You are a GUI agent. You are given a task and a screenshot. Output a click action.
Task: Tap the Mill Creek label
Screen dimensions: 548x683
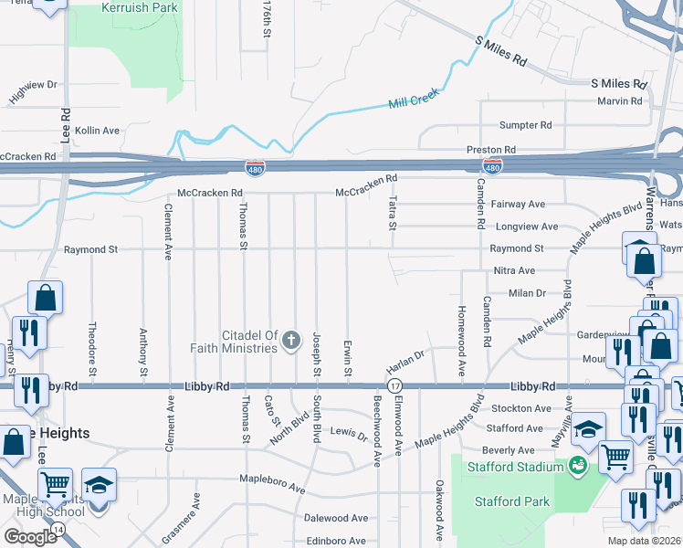pos(414,99)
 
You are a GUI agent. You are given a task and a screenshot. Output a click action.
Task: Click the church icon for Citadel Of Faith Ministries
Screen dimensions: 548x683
pos(291,342)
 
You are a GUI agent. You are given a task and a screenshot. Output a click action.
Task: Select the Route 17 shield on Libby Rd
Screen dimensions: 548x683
pos(394,386)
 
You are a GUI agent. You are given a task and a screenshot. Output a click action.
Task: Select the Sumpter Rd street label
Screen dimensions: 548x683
pos(525,125)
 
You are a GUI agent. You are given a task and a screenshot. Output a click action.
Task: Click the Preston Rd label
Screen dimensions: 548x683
pos(491,149)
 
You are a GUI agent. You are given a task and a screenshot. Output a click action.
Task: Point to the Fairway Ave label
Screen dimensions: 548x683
pos(518,205)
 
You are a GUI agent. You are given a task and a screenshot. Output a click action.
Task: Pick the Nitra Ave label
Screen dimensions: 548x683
pos(514,271)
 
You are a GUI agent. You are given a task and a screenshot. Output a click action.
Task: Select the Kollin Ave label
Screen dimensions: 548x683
pos(98,131)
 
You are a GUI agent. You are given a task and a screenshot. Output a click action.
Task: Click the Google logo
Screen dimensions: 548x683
pos(30,537)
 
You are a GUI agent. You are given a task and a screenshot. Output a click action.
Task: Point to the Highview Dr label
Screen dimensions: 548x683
pos(33,90)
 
